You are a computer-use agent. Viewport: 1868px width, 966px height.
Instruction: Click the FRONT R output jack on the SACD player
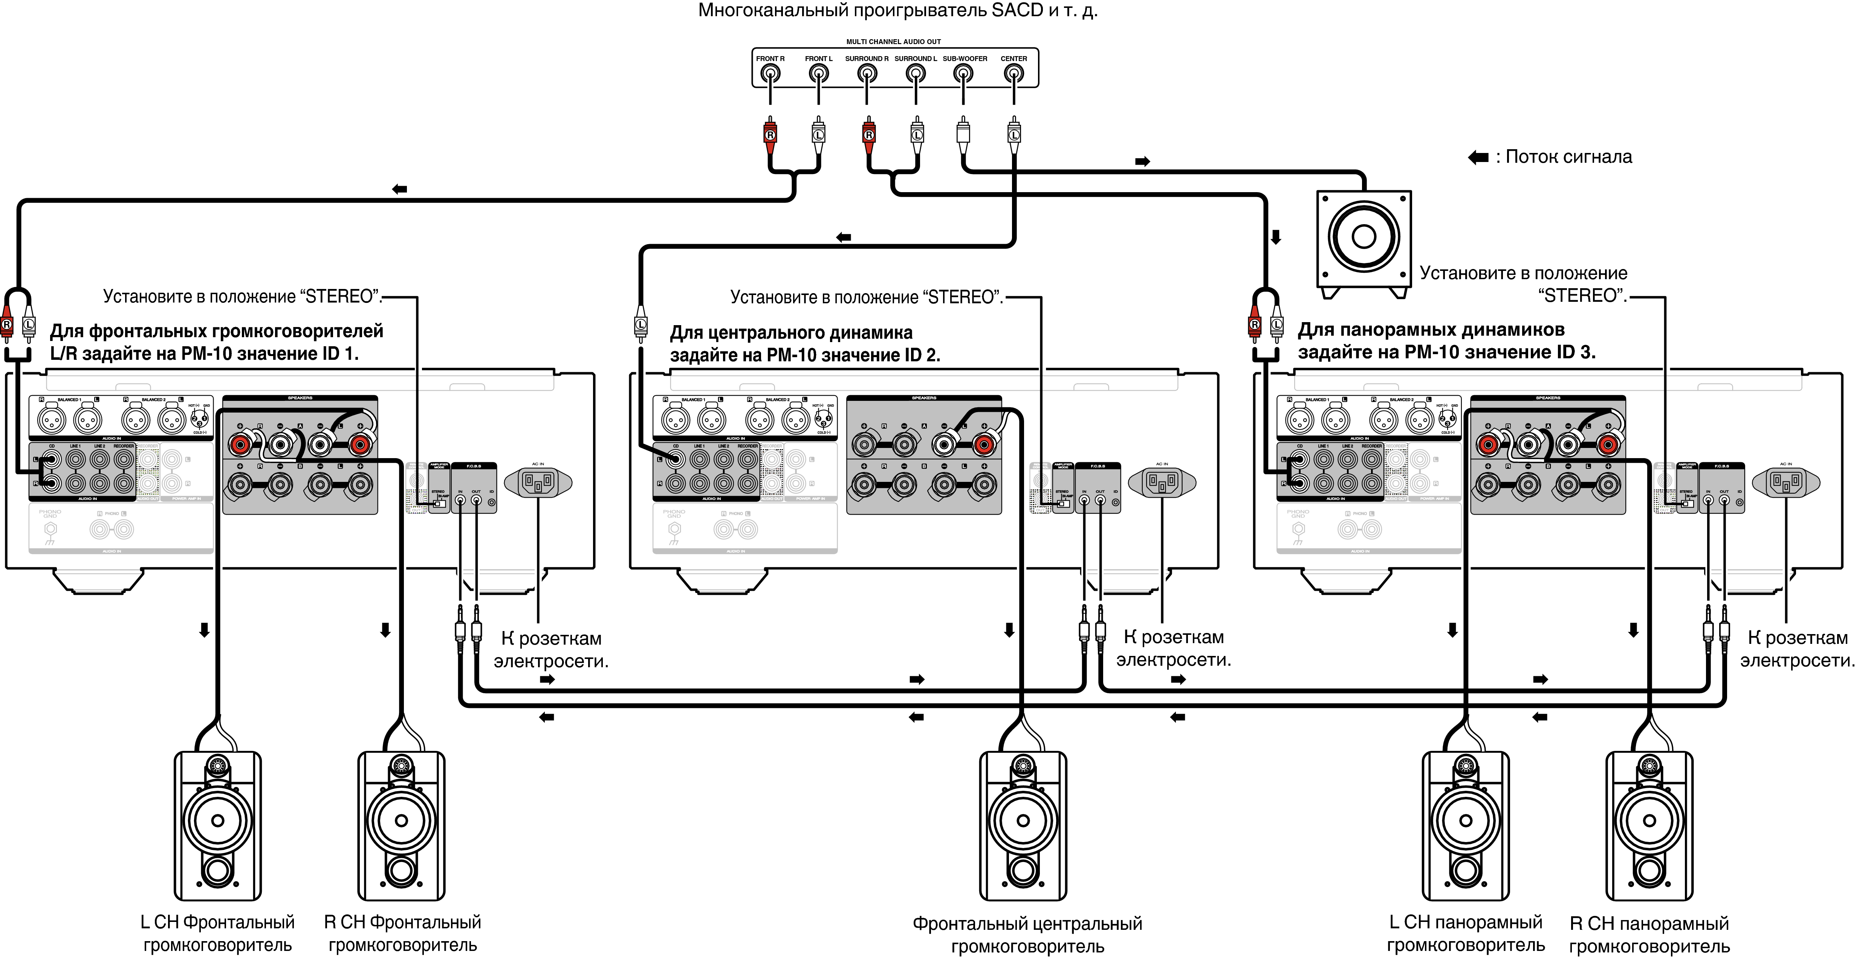point(770,73)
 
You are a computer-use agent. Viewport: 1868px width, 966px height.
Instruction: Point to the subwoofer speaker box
point(1363,238)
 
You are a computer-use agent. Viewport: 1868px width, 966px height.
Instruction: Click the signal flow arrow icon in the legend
point(1478,157)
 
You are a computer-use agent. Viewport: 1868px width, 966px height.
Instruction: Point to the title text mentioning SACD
point(898,10)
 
